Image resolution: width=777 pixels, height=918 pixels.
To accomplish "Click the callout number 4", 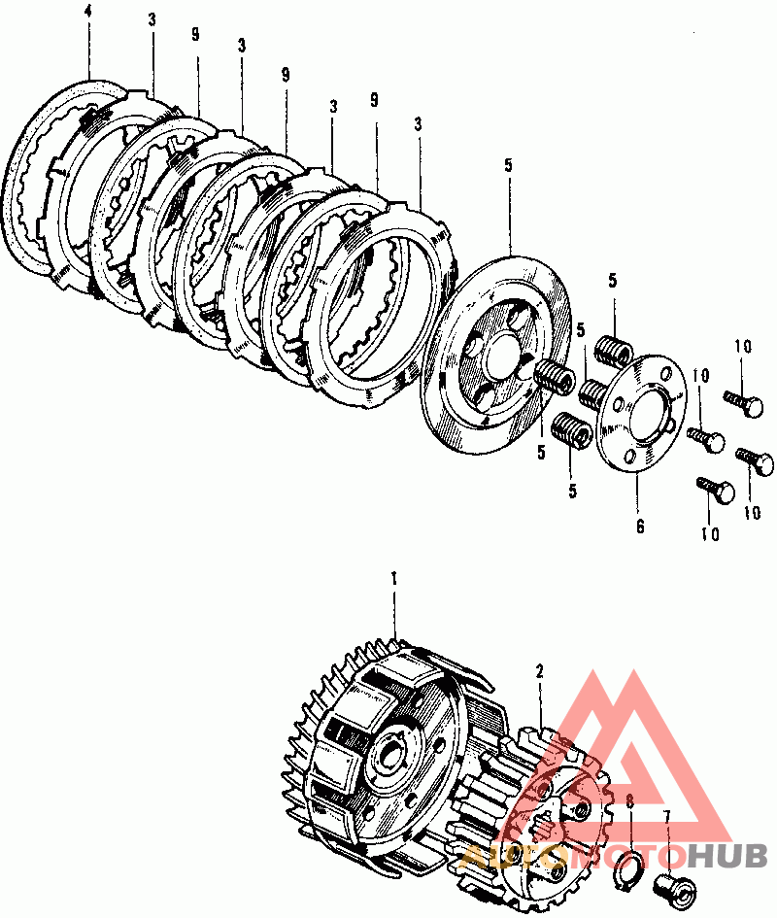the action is (88, 12).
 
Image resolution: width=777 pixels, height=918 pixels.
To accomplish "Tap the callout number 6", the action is (640, 527).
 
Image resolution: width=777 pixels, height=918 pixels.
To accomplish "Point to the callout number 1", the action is (394, 579).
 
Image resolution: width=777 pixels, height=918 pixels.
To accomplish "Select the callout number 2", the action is (539, 671).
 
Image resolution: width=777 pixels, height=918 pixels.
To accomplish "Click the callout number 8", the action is (630, 801).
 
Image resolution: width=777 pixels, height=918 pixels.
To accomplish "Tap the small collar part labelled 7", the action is (675, 888).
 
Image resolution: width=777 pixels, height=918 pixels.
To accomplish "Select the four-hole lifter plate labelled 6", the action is (641, 413).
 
